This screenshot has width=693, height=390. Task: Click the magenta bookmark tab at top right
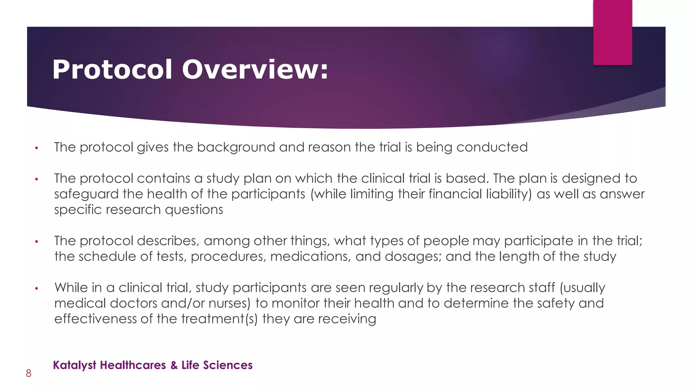tap(612, 32)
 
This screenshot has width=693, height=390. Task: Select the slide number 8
tap(29, 373)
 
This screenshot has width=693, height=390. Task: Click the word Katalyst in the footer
tap(75, 365)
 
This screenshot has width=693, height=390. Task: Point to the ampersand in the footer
tap(174, 365)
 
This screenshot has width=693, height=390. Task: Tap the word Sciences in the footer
tap(228, 365)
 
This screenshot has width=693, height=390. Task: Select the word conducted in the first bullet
tap(492, 147)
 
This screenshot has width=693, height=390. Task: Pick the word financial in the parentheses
tap(455, 194)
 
